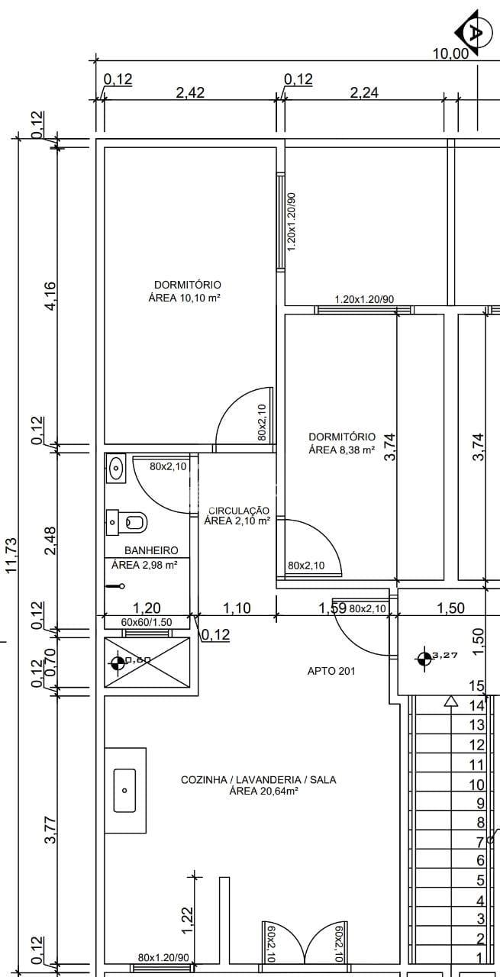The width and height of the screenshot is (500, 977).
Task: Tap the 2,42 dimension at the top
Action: (x=190, y=92)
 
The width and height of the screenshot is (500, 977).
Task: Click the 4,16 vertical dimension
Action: (x=50, y=297)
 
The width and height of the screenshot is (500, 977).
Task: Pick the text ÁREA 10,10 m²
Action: (x=185, y=298)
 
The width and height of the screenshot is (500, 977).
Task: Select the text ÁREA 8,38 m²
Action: (x=341, y=450)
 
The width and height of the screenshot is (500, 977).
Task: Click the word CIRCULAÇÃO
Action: (x=239, y=511)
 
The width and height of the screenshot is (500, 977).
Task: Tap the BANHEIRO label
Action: (x=151, y=550)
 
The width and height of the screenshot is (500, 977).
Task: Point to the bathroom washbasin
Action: (x=116, y=469)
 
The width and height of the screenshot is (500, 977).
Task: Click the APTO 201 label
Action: (x=331, y=671)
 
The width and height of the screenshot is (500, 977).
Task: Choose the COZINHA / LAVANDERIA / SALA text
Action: (x=258, y=780)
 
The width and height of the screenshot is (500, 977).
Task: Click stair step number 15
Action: (x=476, y=686)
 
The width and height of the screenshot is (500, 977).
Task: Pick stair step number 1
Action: (x=479, y=957)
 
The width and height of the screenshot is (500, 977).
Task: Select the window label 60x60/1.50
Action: (x=147, y=622)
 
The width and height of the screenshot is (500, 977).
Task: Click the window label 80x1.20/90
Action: (x=163, y=957)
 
